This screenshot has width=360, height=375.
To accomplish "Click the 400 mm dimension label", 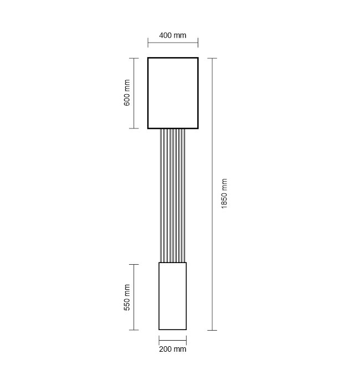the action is [173, 35].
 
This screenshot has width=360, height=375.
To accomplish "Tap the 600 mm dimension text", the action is [127, 93].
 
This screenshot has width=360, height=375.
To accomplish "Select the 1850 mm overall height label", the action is [224, 193].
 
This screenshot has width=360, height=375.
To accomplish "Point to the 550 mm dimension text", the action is [127, 297].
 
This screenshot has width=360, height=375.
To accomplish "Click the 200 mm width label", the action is [173, 349].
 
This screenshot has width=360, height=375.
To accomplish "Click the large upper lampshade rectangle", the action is [148, 93].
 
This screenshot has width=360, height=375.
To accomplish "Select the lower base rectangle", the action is [159, 296].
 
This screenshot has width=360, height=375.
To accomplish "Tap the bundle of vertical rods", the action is [172, 196].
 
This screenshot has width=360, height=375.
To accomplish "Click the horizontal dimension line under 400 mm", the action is [173, 43].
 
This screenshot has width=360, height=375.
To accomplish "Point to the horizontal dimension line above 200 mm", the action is [173, 340].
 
